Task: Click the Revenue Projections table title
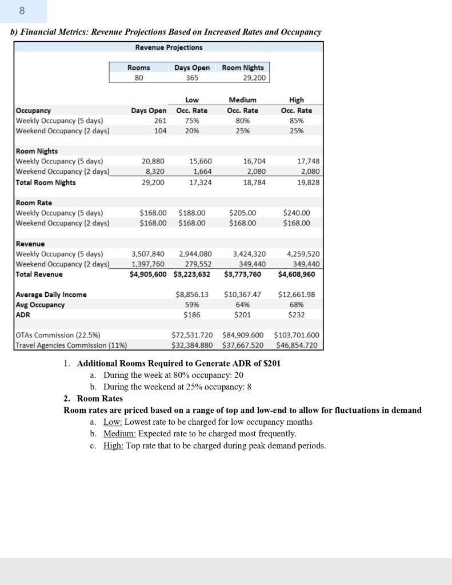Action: [x=169, y=47]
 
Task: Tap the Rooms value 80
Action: [x=138, y=77]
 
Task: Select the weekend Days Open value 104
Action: [x=160, y=130]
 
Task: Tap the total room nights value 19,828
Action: [x=307, y=182]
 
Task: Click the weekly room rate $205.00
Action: [x=242, y=213]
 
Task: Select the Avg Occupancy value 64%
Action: [x=243, y=305]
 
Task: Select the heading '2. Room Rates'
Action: [x=93, y=398]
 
